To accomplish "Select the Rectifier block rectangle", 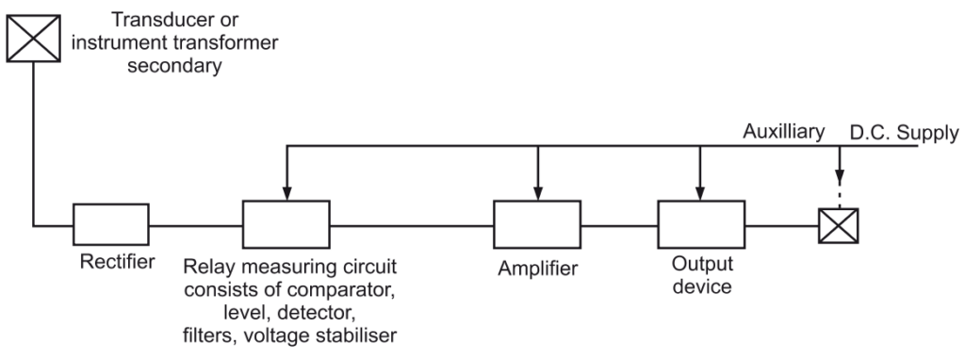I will point(110,226).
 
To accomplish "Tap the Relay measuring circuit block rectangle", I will point(286,225).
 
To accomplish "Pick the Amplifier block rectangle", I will point(538,225).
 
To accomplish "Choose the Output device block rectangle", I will point(699,225).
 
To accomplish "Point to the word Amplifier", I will point(538,270).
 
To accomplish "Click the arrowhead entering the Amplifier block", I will point(538,193).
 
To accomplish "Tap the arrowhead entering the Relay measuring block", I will point(286,193).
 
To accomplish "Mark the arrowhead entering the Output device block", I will point(699,193).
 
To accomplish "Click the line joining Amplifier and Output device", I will point(620,226).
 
